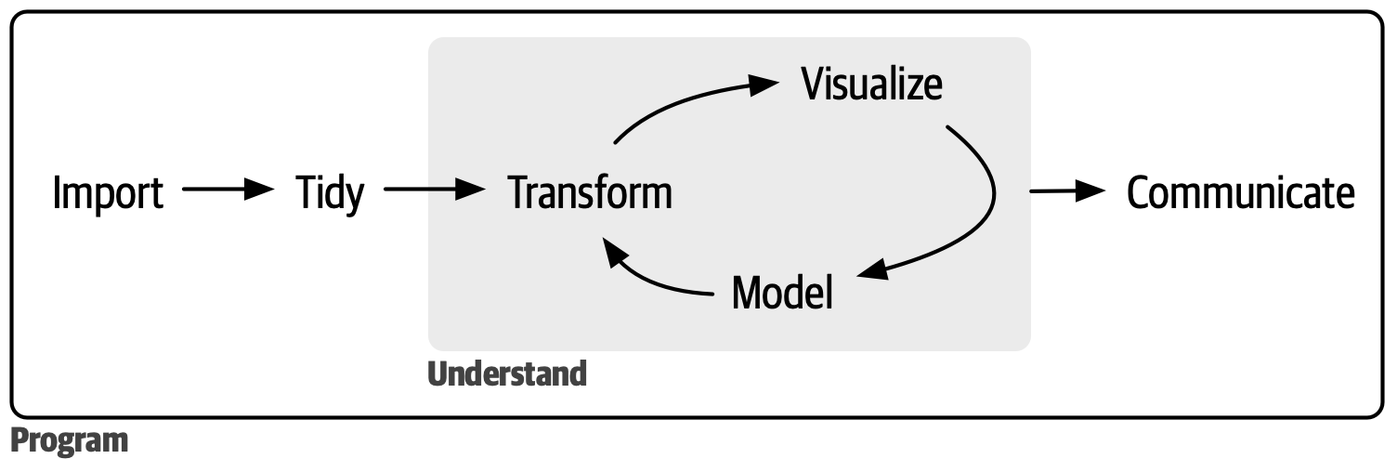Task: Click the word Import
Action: coord(108,193)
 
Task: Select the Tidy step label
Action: coord(330,195)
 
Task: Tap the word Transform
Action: coord(590,193)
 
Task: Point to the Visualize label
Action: coord(871,84)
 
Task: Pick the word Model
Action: coord(782,293)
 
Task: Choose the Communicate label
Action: coord(1240,193)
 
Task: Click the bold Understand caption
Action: coord(507,374)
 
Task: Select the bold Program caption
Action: coord(70,440)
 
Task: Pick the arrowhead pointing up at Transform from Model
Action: coord(613,249)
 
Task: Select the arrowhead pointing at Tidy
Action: coord(260,190)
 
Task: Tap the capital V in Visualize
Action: coord(814,84)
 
